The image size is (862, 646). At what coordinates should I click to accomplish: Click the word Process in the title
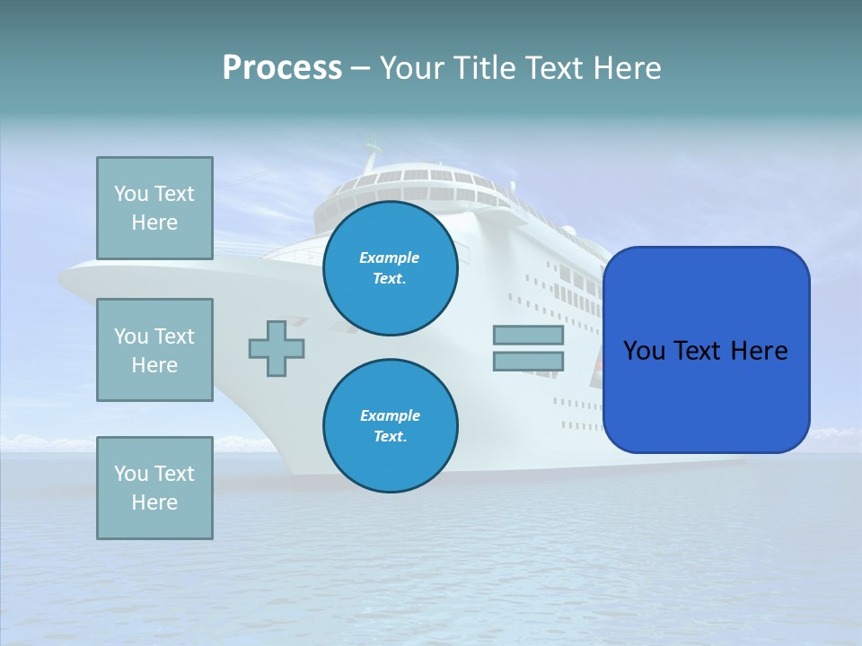click(x=282, y=68)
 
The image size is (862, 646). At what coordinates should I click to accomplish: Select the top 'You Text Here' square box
click(x=154, y=208)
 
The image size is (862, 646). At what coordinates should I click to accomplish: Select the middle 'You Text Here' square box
click(x=154, y=350)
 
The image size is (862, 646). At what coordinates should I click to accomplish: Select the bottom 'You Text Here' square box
click(x=154, y=488)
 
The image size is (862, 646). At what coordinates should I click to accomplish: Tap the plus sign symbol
click(x=277, y=347)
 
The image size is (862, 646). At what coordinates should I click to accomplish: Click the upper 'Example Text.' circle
click(x=391, y=268)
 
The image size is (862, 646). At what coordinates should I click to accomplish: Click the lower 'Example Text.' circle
click(x=391, y=426)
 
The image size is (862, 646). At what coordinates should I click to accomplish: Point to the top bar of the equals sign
click(x=528, y=336)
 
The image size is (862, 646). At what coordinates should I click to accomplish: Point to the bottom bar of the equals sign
click(x=528, y=361)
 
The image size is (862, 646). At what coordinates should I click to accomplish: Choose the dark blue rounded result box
click(x=706, y=350)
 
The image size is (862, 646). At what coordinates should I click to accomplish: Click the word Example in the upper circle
click(x=390, y=258)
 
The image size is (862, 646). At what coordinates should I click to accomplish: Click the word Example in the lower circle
click(x=390, y=415)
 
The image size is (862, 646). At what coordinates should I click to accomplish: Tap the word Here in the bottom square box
click(x=154, y=502)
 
